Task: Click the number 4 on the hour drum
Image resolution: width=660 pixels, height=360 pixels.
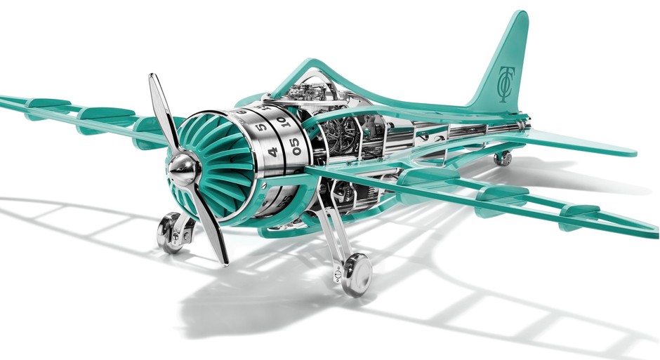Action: [x=272, y=151]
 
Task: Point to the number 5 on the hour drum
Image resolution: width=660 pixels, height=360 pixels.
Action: [x=260, y=127]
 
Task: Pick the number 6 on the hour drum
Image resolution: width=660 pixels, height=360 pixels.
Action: [x=243, y=112]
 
